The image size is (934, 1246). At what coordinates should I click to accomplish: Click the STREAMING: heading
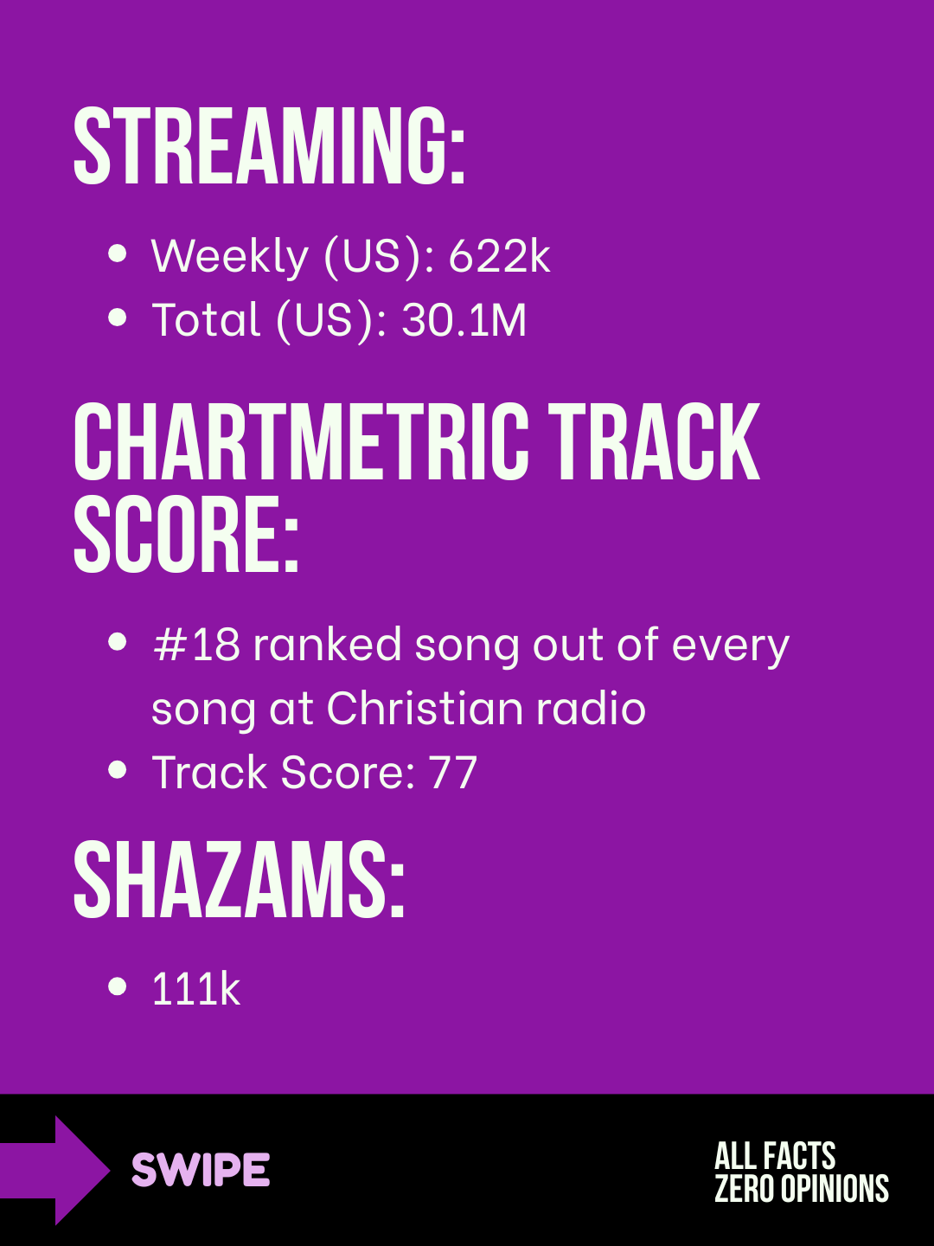269,145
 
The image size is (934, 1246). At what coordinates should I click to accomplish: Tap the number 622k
499,256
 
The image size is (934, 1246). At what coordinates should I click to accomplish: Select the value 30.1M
464,319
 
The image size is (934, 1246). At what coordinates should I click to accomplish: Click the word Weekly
230,257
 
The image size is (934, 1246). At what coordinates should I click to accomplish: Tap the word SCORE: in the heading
186,534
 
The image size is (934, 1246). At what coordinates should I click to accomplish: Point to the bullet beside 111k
117,986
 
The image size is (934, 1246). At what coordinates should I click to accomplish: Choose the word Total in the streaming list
206,319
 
